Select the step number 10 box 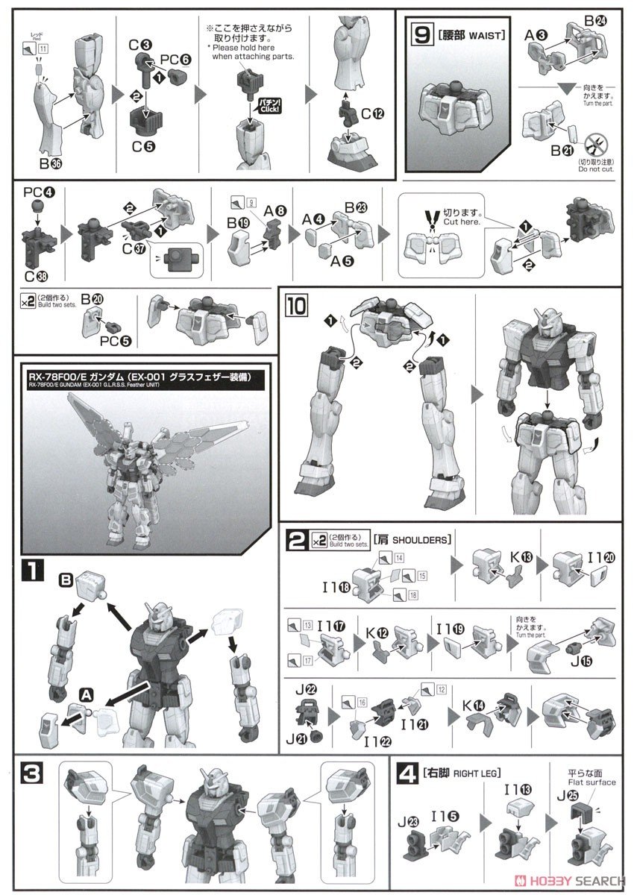[296, 307]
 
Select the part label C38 [35, 275]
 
